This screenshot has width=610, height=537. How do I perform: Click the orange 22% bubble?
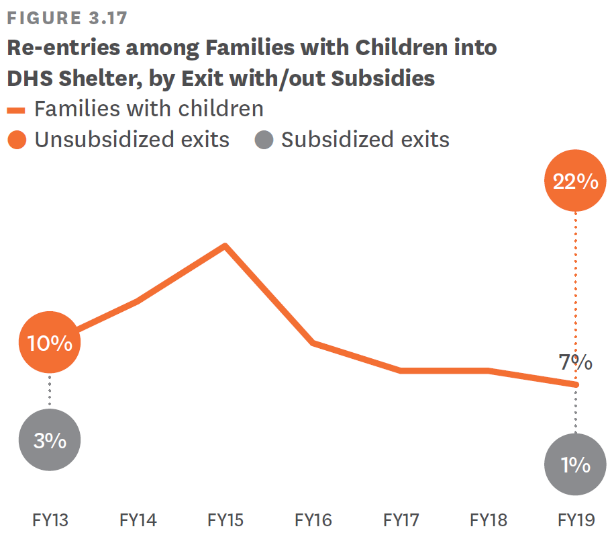coord(575,181)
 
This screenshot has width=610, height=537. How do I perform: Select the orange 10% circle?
coord(50,343)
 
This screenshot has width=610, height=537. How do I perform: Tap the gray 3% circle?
coord(50,441)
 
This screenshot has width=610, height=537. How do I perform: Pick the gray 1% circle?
coord(575,465)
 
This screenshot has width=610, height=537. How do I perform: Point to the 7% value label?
coord(575,363)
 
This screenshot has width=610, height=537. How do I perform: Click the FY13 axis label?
coord(50,520)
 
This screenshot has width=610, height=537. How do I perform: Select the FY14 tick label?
coord(138,520)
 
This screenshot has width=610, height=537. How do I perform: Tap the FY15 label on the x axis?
coord(225,520)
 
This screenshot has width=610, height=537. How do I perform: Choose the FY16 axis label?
coord(313,520)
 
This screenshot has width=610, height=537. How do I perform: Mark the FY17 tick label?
coord(401,520)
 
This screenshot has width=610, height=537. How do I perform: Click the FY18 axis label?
coord(488,520)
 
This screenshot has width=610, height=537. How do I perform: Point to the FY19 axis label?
coord(576,520)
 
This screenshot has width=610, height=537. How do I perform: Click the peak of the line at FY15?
coord(225,245)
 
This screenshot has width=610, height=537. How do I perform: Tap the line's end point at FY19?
coord(575,384)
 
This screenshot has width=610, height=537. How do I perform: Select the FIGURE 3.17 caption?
coord(66,18)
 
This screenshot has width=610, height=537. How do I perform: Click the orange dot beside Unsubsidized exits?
coord(17,140)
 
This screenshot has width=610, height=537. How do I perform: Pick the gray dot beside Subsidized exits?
coord(264,140)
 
